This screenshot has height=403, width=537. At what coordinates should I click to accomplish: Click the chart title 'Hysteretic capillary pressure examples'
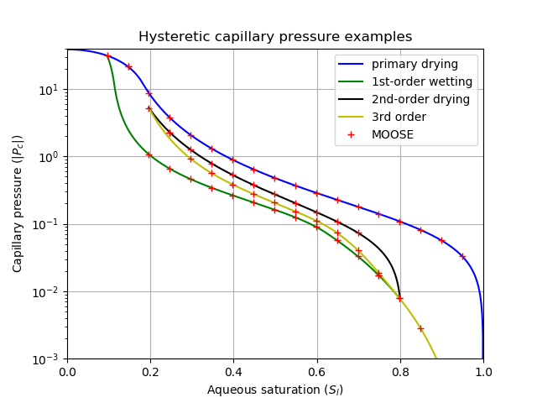tap(275, 37)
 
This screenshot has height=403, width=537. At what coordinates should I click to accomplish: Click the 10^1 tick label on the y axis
tap(50, 90)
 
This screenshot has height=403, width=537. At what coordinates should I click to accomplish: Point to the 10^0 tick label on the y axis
tap(50, 157)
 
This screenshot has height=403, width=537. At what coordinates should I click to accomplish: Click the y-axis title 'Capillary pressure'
tap(18, 204)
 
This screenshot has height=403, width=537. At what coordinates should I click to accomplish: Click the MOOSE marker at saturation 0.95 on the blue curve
tap(462, 256)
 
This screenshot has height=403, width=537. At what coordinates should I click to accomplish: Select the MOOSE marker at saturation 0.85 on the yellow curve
tap(420, 328)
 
